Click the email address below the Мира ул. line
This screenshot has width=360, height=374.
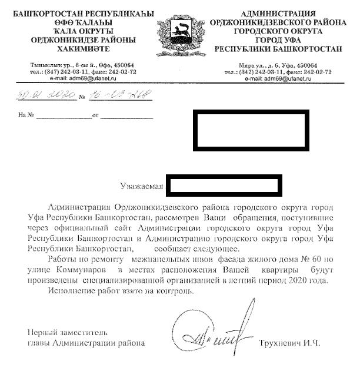[278, 78]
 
